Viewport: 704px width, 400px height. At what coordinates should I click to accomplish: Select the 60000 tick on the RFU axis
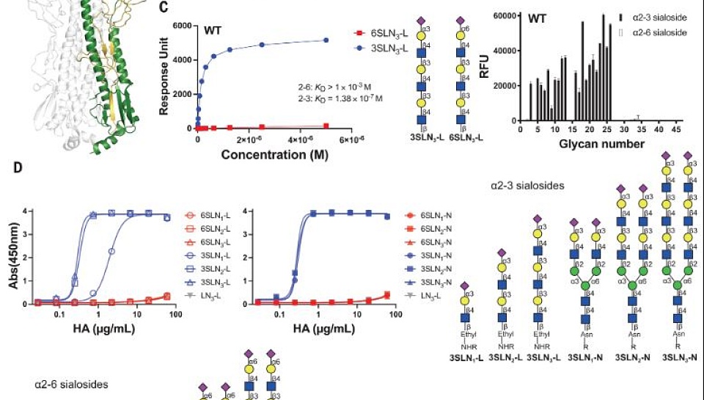tap(496, 16)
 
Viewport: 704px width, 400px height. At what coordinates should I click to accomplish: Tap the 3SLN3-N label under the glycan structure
tap(679, 358)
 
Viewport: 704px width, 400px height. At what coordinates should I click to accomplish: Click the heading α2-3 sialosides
tap(527, 186)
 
